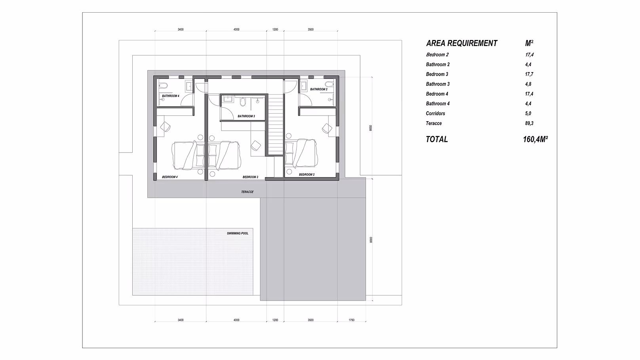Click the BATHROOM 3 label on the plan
click(x=246, y=116)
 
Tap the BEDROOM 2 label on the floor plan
click(x=307, y=174)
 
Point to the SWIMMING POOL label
click(x=238, y=233)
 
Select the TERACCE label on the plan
click(x=247, y=192)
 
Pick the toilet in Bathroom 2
click(x=328, y=84)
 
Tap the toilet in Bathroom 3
click(x=243, y=102)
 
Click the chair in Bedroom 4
click(x=166, y=126)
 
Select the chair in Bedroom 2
click(x=327, y=128)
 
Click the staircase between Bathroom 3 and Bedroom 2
click(x=276, y=123)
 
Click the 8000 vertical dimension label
click(x=370, y=240)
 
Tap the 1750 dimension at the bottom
click(x=351, y=320)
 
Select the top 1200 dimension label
click(x=275, y=29)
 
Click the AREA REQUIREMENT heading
click(x=461, y=43)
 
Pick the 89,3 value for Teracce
click(x=529, y=123)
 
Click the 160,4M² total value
click(x=535, y=139)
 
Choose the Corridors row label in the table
click(x=435, y=113)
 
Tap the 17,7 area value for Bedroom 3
click(x=529, y=74)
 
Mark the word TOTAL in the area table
click(x=437, y=139)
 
